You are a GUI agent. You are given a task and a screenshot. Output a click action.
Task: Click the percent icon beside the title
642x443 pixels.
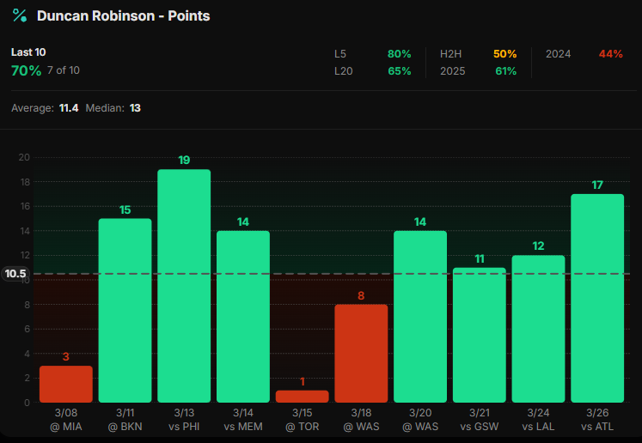(19, 15)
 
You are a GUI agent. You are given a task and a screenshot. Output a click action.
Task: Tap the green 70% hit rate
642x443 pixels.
(26, 70)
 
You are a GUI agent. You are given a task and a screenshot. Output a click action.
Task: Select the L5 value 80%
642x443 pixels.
(399, 54)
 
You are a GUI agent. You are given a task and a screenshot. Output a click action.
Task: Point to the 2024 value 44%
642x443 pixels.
(610, 54)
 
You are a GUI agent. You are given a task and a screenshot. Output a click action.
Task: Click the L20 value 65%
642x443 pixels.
(399, 71)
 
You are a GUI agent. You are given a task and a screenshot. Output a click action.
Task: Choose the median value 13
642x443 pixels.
(135, 108)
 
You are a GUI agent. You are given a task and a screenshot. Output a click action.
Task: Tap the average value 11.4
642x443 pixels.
(69, 108)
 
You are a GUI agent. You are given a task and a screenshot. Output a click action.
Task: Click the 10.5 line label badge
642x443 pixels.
(16, 275)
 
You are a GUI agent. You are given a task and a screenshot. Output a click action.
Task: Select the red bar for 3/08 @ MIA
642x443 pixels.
(65, 384)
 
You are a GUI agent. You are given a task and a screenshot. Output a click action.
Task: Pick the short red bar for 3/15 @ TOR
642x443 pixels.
(302, 397)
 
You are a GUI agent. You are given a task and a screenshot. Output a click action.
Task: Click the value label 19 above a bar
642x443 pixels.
(184, 160)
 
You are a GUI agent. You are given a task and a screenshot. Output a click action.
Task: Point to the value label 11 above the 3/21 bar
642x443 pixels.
(480, 258)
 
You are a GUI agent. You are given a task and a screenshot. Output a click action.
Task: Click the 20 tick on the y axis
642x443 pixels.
(24, 157)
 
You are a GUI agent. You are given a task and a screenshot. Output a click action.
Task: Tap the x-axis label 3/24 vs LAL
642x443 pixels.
(538, 421)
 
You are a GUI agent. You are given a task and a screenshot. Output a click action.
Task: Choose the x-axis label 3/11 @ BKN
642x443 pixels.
(125, 421)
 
